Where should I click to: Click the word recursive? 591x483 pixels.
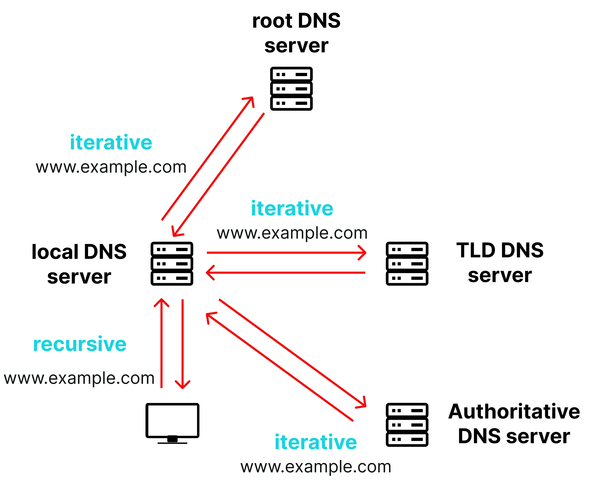tap(80, 344)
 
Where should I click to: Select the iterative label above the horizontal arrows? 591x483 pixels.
tap(292, 208)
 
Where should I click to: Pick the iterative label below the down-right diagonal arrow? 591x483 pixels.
tap(316, 442)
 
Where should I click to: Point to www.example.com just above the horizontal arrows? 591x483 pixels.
tap(292, 233)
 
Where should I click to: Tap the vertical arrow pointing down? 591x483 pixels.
tap(182, 342)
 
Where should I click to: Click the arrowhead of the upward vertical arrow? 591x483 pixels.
tap(161, 302)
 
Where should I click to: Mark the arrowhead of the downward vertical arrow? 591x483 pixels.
tap(182, 385)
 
